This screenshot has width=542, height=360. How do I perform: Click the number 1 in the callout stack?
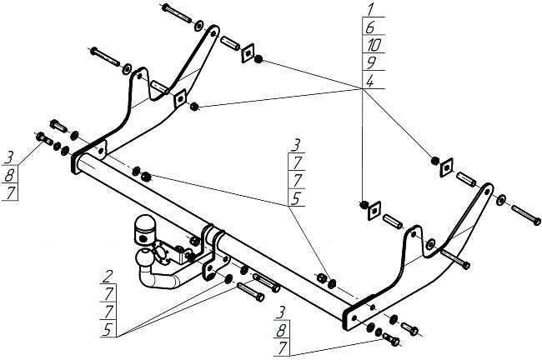pos(369,10)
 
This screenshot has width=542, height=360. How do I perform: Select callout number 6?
pos(369,27)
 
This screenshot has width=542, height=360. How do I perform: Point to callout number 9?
pos(369,62)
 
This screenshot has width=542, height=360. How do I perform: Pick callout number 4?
pos(369,80)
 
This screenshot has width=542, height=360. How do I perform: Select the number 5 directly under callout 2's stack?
pos(110,331)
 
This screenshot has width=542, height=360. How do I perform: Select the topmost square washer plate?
pos(247,54)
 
